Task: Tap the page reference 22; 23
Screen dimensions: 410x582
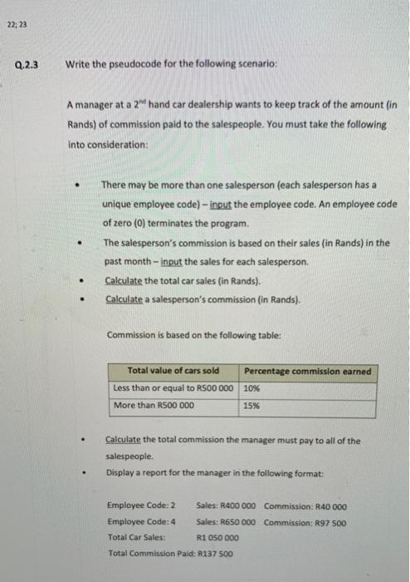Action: (16, 24)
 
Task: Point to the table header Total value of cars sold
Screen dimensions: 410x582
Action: (173, 371)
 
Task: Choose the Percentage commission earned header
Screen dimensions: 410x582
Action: (308, 371)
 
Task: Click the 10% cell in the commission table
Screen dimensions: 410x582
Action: (252, 388)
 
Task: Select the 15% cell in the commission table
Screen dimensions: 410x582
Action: (252, 406)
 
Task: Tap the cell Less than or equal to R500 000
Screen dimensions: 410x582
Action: (173, 388)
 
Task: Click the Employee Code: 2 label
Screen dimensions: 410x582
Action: (142, 506)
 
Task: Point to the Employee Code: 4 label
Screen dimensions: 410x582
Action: (142, 521)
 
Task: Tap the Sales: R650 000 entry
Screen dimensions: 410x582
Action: (227, 521)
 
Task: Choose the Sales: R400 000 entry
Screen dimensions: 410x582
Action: (227, 506)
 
